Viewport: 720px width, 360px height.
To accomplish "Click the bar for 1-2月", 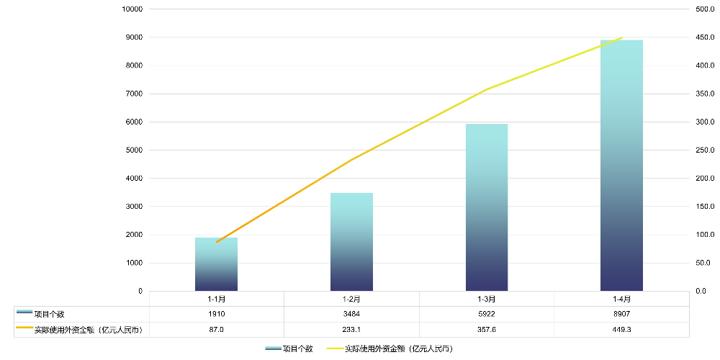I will coord(351,242).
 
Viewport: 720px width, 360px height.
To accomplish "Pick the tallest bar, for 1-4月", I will coord(621,166).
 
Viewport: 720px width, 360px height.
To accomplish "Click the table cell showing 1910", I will coord(217,314).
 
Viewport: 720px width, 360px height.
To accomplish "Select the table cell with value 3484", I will coord(351,314).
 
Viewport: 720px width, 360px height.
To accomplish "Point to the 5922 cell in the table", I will coord(487,314).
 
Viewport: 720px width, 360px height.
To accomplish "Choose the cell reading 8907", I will coord(621,314).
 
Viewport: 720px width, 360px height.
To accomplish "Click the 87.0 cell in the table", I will coord(217,329).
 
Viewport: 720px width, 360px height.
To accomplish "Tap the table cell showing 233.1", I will coord(351,329).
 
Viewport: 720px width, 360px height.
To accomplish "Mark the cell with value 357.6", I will coord(487,329).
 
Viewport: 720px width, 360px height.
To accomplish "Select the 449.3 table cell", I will coord(621,329).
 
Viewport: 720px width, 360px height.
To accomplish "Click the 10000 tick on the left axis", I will coord(132,9).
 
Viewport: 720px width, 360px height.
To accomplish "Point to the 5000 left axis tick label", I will coord(135,150).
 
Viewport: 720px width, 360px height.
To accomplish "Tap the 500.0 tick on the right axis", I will coord(704,9).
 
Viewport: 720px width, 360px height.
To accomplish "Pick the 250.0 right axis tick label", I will coord(704,150).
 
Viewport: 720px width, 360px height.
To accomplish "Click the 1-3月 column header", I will coord(487,299).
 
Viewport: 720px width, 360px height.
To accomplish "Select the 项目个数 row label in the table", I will coord(49,314).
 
